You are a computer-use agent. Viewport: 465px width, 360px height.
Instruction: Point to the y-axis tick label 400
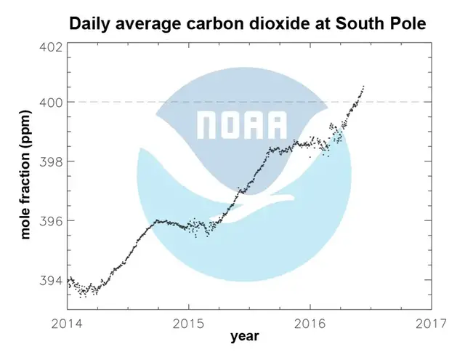pyautogui.click(x=48, y=102)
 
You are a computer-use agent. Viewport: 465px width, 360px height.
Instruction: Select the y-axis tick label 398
pyautogui.click(x=48, y=161)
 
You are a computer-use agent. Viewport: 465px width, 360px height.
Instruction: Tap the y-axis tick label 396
pyautogui.click(x=48, y=220)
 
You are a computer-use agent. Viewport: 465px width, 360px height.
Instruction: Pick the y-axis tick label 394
pyautogui.click(x=48, y=280)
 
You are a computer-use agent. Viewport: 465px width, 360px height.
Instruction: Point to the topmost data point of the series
pyautogui.click(x=363, y=87)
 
